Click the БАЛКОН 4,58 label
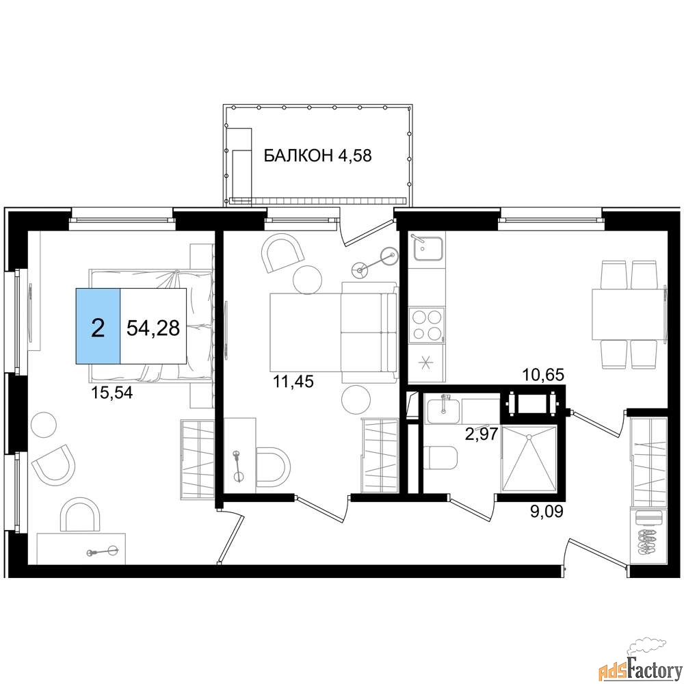317,155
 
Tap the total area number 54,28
153,327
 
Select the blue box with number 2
98,326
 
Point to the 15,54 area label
111,393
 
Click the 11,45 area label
293,382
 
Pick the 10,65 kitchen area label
544,374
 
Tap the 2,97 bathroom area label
482,434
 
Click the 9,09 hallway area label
547,511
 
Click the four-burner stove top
427,324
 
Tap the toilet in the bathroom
440,458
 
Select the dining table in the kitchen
629,314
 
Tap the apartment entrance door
597,555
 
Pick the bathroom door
471,508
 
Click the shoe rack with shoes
648,542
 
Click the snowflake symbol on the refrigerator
425,362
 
